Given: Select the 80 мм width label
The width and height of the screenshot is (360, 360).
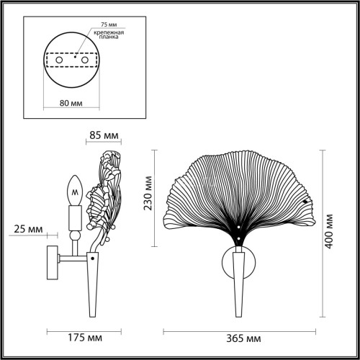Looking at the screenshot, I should point(70,102).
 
